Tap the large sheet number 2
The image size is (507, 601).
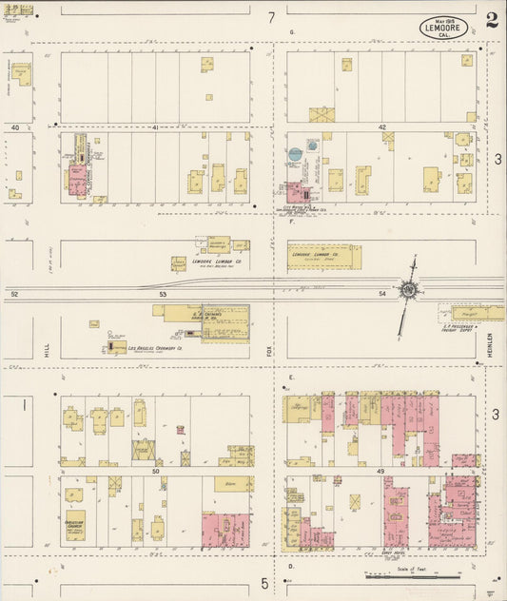pyautogui.click(x=491, y=20)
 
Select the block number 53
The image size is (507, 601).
pyautogui.click(x=163, y=295)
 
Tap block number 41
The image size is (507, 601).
pyautogui.click(x=154, y=127)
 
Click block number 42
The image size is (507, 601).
pyautogui.click(x=382, y=127)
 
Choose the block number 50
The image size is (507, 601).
pyautogui.click(x=154, y=470)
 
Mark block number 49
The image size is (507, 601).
pyautogui.click(x=382, y=470)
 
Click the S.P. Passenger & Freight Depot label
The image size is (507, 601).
pyautogui.click(x=464, y=329)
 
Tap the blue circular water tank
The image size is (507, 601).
pyautogui.click(x=295, y=152)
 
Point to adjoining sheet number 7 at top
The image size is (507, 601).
pyautogui.click(x=271, y=17)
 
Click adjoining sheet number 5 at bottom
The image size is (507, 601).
pyautogui.click(x=264, y=581)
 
